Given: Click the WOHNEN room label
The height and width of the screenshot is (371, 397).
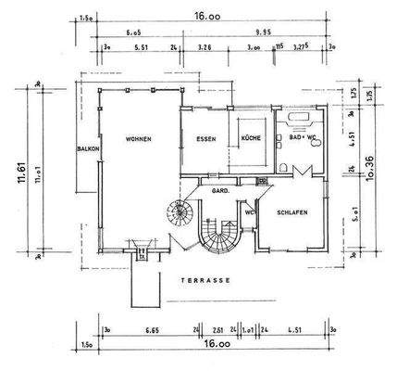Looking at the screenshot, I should click(x=139, y=139).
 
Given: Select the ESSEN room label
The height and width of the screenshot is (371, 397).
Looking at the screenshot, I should click(x=206, y=139).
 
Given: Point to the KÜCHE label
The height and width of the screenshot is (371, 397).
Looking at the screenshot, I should click(x=251, y=139).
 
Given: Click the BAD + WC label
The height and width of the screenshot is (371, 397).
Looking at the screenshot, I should click(x=302, y=139).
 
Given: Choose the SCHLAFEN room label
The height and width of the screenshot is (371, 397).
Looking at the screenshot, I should click(x=292, y=212).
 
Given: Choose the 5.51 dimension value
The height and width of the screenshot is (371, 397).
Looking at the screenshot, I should click(x=142, y=45).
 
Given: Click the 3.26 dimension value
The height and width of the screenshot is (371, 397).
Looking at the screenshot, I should click(x=205, y=45).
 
